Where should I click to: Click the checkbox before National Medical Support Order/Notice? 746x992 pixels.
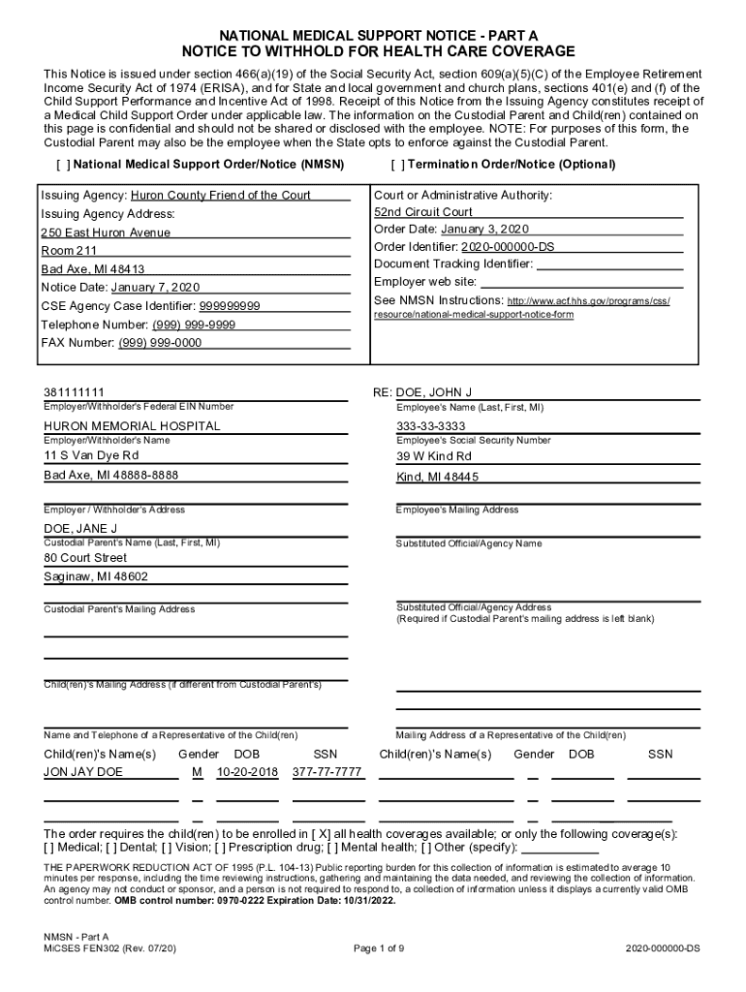(x=64, y=165)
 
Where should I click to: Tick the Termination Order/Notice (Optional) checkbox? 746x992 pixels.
(x=395, y=165)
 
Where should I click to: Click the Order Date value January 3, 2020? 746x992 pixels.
(x=484, y=230)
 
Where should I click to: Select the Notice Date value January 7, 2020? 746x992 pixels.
(x=155, y=288)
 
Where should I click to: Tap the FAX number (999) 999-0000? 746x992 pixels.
(x=160, y=343)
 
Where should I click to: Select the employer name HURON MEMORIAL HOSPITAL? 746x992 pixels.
(x=132, y=426)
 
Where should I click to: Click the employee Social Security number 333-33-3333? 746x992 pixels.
(x=431, y=426)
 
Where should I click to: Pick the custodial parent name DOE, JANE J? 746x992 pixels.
(x=80, y=529)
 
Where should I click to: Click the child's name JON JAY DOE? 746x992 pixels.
(x=84, y=772)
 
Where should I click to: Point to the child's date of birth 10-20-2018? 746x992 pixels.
(x=247, y=772)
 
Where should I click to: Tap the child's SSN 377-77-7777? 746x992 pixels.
(x=326, y=772)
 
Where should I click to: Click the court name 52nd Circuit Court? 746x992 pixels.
(x=423, y=212)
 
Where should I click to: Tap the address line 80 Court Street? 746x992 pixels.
(x=85, y=558)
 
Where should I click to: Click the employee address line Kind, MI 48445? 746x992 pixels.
(x=437, y=478)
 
